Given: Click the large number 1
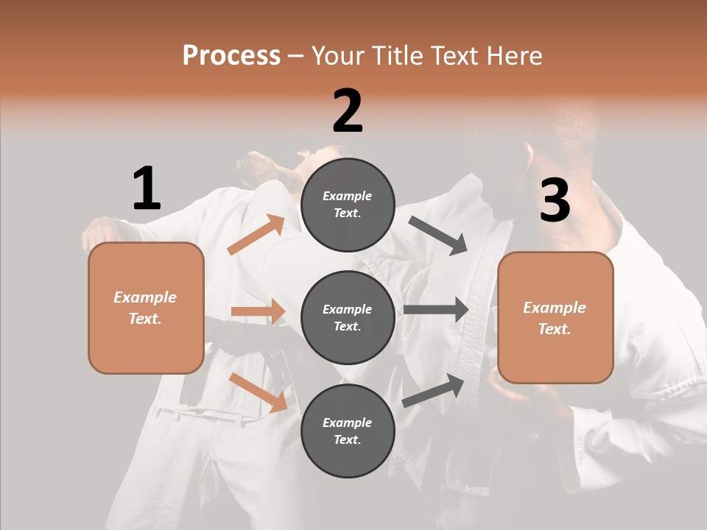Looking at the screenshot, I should point(147,189).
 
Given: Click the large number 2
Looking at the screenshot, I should point(348,111).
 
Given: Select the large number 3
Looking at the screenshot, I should point(555,200).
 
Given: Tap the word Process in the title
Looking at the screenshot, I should point(231,55).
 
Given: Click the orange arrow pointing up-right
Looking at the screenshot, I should point(256,235).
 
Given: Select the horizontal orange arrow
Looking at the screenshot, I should point(258,311).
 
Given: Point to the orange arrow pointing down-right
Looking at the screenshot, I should point(258,392).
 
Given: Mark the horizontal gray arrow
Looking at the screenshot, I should point(436,309).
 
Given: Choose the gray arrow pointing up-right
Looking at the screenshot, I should point(434,390).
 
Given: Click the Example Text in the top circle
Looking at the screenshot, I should point(348,205).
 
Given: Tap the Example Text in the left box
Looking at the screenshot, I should point(145,308).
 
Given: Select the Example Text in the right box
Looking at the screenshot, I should point(555,318).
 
